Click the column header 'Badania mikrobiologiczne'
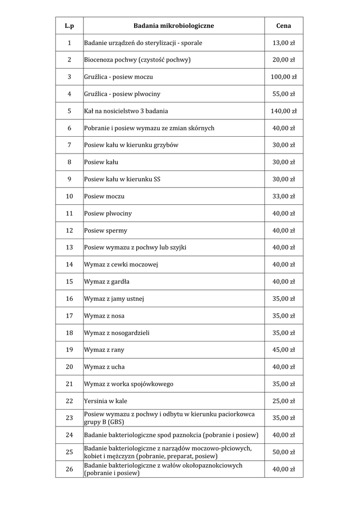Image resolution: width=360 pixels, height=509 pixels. [174, 26]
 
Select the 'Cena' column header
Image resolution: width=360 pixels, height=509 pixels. [283, 26]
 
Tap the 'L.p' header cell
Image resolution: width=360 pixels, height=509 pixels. [69, 26]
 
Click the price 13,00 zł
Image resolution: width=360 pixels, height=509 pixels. [283, 43]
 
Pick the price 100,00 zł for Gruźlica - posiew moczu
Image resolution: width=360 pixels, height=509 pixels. [283, 77]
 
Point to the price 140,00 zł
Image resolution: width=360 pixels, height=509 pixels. [283, 111]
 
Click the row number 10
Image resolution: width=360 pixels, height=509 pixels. [69, 196]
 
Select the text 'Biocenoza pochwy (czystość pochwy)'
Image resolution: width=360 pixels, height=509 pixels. [138, 60]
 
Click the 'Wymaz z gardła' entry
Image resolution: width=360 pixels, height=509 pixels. [107, 282]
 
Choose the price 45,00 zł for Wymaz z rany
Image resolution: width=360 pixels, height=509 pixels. [283, 350]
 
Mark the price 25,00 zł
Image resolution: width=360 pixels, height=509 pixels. [283, 401]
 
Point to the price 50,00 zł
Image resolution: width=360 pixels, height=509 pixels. [283, 452]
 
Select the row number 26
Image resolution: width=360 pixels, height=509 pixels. [69, 469]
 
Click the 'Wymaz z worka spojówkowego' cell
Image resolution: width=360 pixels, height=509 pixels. [129, 384]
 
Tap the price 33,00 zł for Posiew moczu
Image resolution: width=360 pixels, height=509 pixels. [283, 196]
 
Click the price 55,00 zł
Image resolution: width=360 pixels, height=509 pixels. [283, 94]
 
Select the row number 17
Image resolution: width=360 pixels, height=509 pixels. [69, 316]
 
